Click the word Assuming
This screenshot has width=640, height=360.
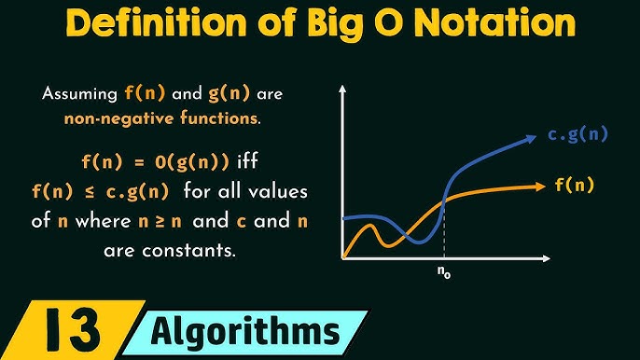click(81, 94)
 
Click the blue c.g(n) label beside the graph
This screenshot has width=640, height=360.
click(578, 134)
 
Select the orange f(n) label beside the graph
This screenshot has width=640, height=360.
click(574, 185)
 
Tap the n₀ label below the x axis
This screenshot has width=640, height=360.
click(444, 274)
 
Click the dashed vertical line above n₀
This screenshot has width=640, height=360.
click(443, 228)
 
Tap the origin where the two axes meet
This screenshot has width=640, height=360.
click(343, 257)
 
